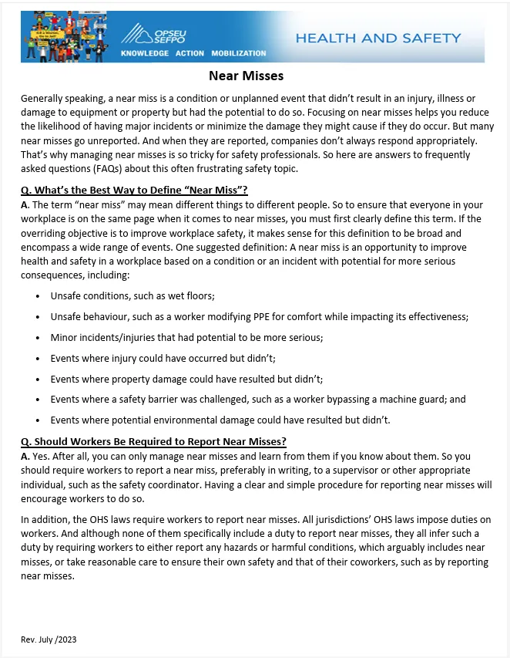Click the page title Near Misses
(246, 76)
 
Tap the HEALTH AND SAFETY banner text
(377, 37)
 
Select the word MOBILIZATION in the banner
(237, 53)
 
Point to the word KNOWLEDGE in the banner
(145, 53)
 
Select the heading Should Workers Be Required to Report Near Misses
(154, 441)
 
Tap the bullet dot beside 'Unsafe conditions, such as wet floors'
(38, 296)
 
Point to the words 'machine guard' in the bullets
(438, 400)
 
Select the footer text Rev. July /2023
(49, 639)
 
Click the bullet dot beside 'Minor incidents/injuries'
(38, 338)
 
